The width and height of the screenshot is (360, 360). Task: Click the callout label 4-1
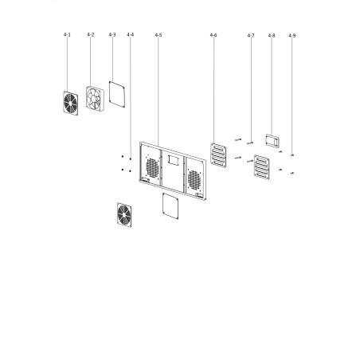coord(67,35)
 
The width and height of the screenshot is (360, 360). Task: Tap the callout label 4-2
coord(91,35)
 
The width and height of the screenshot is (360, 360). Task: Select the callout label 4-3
coord(112,35)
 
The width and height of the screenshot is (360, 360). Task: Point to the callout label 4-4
coord(131,35)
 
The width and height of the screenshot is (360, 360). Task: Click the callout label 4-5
coord(158,35)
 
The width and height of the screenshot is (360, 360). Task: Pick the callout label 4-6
coord(213,35)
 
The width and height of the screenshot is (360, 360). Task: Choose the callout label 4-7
coord(251,35)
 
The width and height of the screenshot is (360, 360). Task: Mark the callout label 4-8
coord(272,35)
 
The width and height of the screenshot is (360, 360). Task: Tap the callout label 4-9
coord(292,35)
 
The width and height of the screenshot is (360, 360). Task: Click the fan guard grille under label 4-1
coord(71,104)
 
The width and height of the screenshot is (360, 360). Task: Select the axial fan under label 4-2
coord(95,98)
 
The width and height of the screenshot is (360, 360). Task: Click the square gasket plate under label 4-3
coord(117,95)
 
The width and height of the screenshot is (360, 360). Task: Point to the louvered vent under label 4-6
coord(218,155)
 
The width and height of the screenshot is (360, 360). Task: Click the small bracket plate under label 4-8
coord(272,140)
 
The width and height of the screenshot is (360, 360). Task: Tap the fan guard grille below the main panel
coord(124,215)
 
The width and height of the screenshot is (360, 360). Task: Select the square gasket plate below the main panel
coord(170,206)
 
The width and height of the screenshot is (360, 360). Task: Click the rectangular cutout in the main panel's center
coord(173,160)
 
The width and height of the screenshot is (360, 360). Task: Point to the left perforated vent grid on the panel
coord(152,168)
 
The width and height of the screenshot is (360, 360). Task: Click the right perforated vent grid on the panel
coord(194,180)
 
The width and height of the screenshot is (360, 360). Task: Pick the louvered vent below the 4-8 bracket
coord(262,167)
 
